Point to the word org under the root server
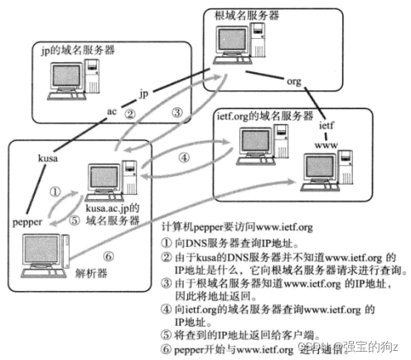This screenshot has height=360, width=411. pos(293,82)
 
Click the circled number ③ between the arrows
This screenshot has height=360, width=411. pos(176,112)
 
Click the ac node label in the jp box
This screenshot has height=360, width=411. pos(112,109)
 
